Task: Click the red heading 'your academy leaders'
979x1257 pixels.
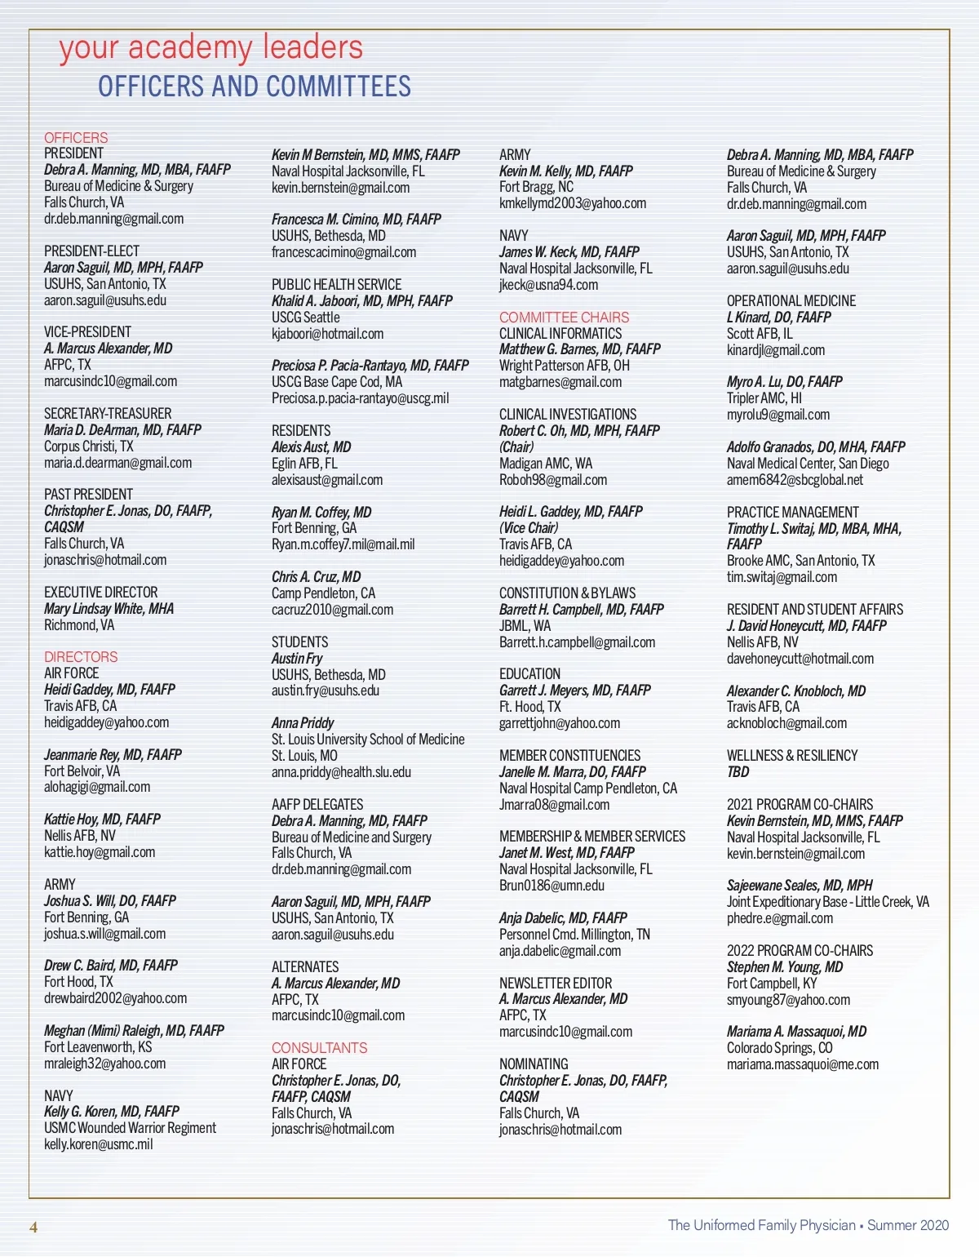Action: pyautogui.click(x=210, y=49)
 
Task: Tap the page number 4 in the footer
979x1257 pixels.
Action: pyautogui.click(x=33, y=1228)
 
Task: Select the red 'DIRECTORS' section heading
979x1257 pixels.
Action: pyautogui.click(x=81, y=657)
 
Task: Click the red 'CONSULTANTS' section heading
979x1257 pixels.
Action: pyautogui.click(x=319, y=1048)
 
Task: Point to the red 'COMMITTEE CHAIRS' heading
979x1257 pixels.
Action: pyautogui.click(x=564, y=318)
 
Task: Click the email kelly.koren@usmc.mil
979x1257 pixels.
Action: pyautogui.click(x=98, y=1144)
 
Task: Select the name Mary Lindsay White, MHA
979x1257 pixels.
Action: pyautogui.click(x=109, y=609)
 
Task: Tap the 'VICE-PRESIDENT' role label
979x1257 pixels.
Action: pyautogui.click(x=87, y=332)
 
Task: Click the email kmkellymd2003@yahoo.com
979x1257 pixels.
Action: pyautogui.click(x=572, y=203)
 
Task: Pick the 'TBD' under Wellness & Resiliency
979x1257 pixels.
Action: pyautogui.click(x=738, y=772)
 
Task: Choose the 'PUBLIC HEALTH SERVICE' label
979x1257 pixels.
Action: pyautogui.click(x=336, y=285)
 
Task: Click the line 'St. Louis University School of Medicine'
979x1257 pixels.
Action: pyautogui.click(x=368, y=740)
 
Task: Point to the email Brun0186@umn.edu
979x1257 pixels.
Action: pyautogui.click(x=552, y=886)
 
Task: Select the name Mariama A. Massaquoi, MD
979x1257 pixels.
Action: pyautogui.click(x=796, y=1032)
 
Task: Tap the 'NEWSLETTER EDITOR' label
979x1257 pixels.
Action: pyautogui.click(x=555, y=984)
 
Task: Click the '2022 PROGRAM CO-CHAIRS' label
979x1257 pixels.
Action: pyautogui.click(x=800, y=951)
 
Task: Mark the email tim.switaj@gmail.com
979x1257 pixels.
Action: pyautogui.click(x=782, y=577)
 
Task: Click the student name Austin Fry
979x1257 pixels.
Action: pyautogui.click(x=297, y=659)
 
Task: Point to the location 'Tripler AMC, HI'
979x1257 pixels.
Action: pyautogui.click(x=764, y=398)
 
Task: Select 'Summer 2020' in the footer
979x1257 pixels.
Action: pyautogui.click(x=908, y=1225)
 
